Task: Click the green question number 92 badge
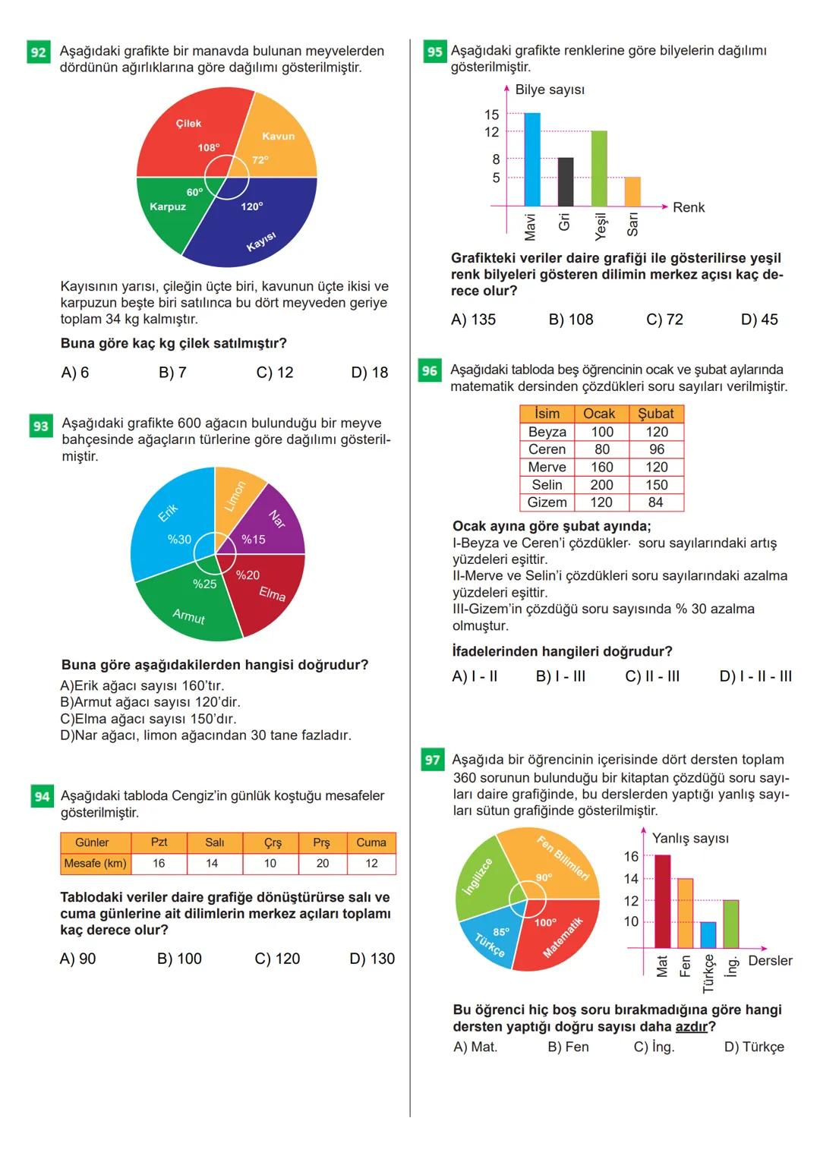tap(38, 52)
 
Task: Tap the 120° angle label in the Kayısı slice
tap(252, 206)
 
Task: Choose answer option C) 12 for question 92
tap(275, 373)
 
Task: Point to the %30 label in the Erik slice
tap(179, 540)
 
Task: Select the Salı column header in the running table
tap(215, 842)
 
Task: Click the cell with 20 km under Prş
tap(323, 864)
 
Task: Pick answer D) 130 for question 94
tap(372, 959)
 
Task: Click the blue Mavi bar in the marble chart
tap(532, 159)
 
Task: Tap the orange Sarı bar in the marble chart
tap(632, 191)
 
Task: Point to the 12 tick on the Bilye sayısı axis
tap(492, 132)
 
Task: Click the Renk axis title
tap(688, 207)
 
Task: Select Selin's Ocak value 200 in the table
tap(601, 484)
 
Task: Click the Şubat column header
tap(656, 414)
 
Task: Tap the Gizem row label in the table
tap(547, 502)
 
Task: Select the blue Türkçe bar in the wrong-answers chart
tap(708, 934)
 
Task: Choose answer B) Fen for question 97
tap(569, 1047)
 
